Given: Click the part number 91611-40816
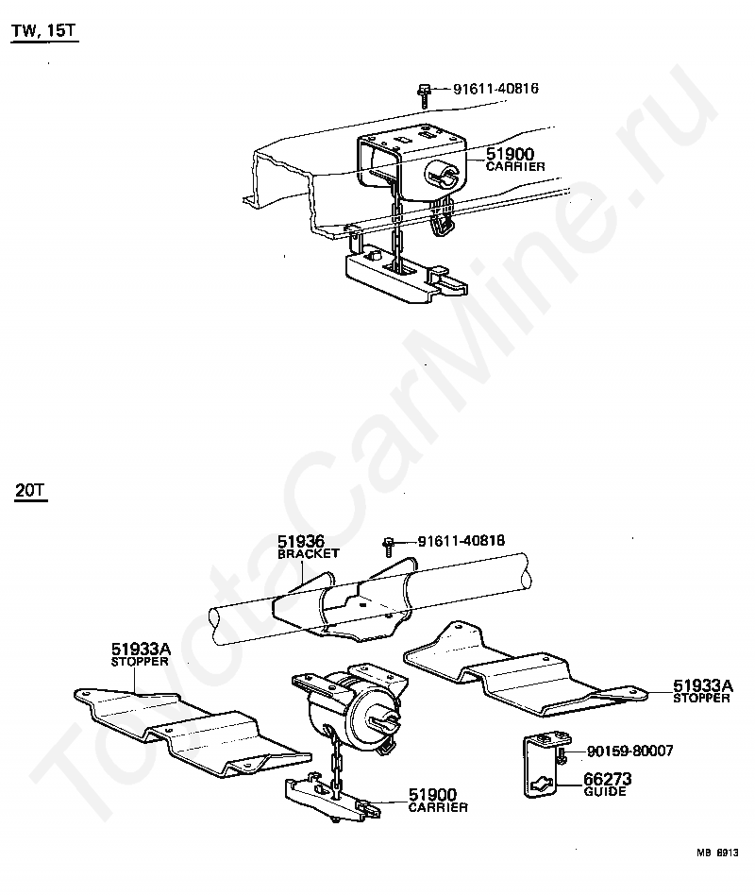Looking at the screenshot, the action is click(x=495, y=90).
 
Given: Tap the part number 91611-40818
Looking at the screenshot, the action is click(x=461, y=542).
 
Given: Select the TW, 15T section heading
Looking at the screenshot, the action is click(x=43, y=32).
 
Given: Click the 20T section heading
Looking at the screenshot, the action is click(x=32, y=491).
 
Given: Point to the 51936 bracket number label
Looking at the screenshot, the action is click(x=301, y=542).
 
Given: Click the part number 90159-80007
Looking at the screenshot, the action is click(x=630, y=751).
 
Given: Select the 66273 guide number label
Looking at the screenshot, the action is click(x=608, y=779).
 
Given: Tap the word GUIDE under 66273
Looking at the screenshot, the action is click(x=604, y=792).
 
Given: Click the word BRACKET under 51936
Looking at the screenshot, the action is click(x=308, y=554).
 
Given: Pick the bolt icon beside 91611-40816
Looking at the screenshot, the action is click(x=426, y=93).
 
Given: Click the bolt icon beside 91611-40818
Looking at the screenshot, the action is click(x=389, y=545).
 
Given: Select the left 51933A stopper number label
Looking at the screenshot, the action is click(x=141, y=649).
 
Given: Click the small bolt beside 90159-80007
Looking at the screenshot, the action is click(x=562, y=754).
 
